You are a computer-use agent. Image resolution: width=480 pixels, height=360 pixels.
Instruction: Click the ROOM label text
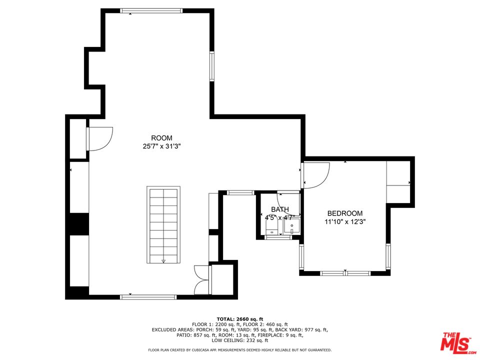click(161, 138)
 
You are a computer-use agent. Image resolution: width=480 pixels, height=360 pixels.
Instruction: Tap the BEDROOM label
click(345, 213)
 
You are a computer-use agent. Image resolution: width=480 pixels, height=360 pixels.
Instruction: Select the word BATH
click(280, 209)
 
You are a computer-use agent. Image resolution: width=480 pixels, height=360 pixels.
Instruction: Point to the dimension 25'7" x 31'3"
click(162, 146)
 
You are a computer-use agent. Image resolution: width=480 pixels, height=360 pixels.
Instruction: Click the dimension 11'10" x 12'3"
click(345, 221)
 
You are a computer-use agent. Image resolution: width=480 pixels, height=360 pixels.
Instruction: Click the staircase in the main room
click(163, 224)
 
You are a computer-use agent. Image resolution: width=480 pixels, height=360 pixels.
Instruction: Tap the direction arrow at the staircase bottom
click(163, 261)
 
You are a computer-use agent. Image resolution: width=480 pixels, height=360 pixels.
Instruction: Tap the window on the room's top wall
click(151, 10)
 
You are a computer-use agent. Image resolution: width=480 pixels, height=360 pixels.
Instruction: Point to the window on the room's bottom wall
click(148, 297)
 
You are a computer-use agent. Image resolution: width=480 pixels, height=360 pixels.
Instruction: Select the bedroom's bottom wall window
click(345, 273)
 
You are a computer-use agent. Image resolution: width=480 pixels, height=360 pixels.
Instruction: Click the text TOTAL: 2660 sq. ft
click(240, 319)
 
